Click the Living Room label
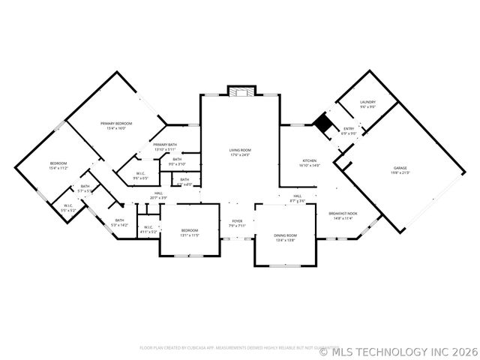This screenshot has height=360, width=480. tap(240, 150)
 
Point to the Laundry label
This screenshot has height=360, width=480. tap(367, 102)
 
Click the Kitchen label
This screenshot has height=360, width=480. tap(310, 160)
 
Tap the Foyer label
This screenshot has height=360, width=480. tap(237, 220)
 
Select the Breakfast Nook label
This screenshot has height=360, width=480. tap(343, 214)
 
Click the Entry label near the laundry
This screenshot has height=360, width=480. tap(349, 129)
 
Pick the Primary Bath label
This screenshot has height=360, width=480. tap(165, 145)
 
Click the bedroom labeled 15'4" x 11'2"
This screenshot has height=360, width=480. tap(58, 163)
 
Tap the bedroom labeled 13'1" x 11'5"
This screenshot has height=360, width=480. tap(189, 230)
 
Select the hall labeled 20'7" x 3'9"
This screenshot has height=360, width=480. tap(158, 193)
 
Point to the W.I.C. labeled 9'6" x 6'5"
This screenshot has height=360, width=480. tap(141, 174)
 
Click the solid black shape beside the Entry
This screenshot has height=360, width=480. tap(324, 121)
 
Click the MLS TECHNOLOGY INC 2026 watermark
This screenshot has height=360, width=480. tap(397, 350)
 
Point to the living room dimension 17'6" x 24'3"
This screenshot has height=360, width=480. tap(240, 155)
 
